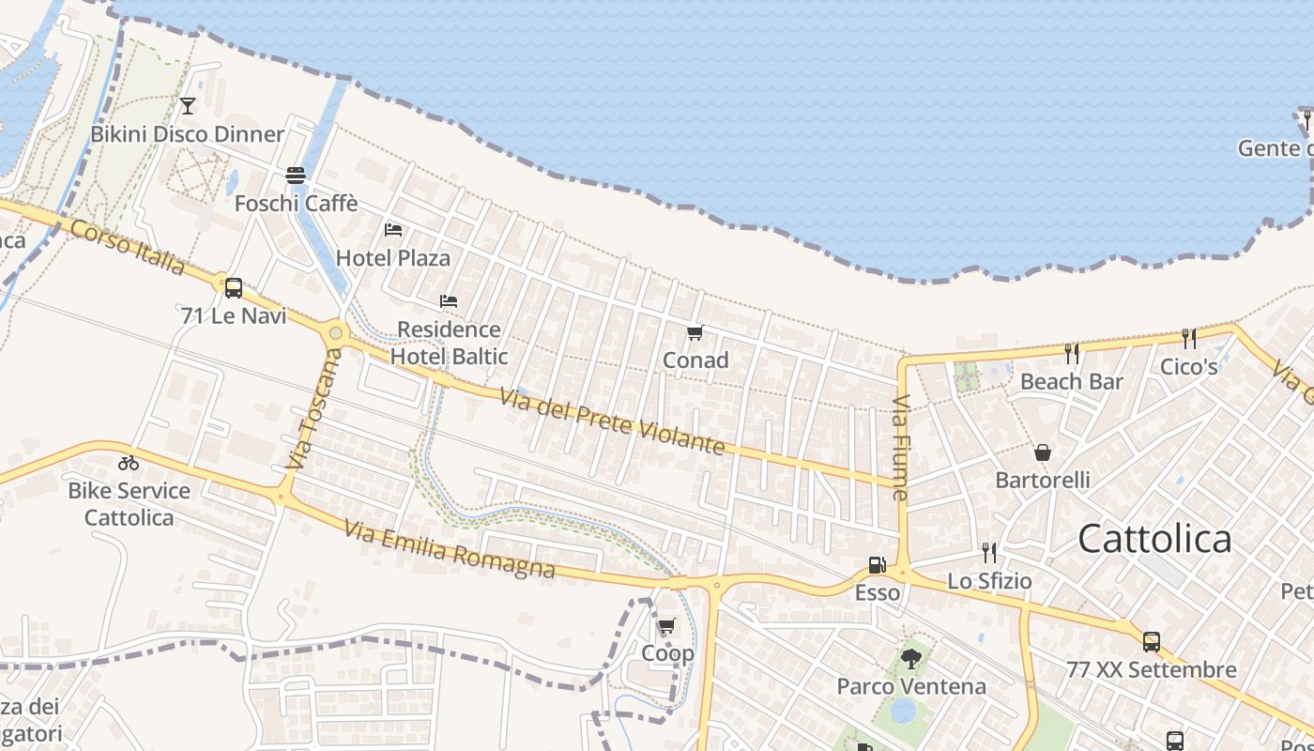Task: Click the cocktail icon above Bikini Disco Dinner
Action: pyautogui.click(x=188, y=105)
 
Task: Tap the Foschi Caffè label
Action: pyautogui.click(x=296, y=203)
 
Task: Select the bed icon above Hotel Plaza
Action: pyautogui.click(x=393, y=229)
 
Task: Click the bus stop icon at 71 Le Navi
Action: pyautogui.click(x=234, y=287)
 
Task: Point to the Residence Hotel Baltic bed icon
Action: pyautogui.click(x=449, y=301)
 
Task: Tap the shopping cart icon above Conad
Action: pyautogui.click(x=695, y=332)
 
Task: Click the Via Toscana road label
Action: pyautogui.click(x=314, y=409)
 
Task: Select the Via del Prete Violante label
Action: pyautogui.click(x=612, y=421)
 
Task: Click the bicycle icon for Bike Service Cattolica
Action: pyautogui.click(x=129, y=462)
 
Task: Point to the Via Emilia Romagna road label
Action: pyautogui.click(x=449, y=550)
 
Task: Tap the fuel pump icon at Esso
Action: pyautogui.click(x=877, y=565)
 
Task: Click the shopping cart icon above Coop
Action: pyautogui.click(x=667, y=625)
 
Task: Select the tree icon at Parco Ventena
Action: pyautogui.click(x=910, y=658)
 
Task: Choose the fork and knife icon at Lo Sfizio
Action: pyautogui.click(x=988, y=552)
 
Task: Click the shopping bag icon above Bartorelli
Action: pyautogui.click(x=1042, y=452)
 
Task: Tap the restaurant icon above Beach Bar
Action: pyautogui.click(x=1072, y=353)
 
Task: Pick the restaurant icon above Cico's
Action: pyautogui.click(x=1188, y=338)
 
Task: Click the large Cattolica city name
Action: pyautogui.click(x=1154, y=539)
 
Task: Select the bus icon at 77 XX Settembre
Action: pyautogui.click(x=1151, y=642)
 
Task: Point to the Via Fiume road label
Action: pyautogui.click(x=901, y=447)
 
